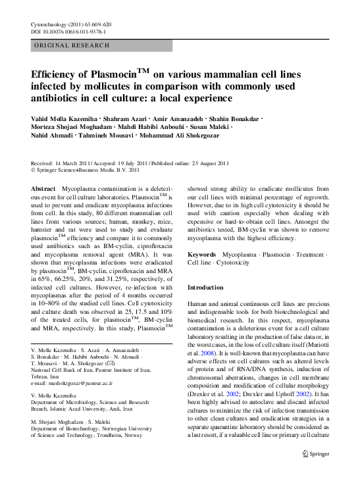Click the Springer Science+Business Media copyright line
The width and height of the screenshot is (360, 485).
(86, 170)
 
